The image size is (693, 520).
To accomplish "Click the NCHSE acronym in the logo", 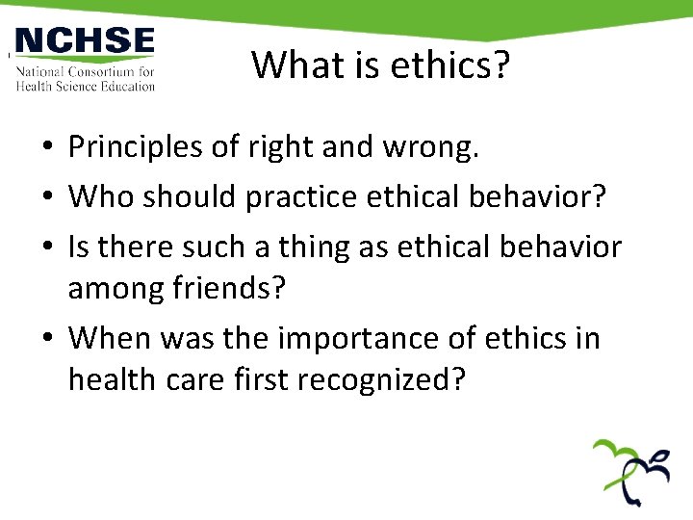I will pos(85,42).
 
